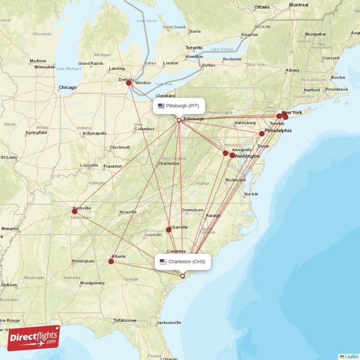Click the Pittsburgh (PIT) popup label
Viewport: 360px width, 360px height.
(179, 106)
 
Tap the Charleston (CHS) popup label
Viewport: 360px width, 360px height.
(183, 261)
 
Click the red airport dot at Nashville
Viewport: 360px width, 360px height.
(74, 211)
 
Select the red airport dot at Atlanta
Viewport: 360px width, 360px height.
(111, 261)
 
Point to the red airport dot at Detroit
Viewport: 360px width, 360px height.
(129, 83)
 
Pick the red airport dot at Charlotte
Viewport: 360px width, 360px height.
(169, 229)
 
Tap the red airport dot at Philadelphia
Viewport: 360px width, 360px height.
(262, 134)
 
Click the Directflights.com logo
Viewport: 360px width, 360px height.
(34, 337)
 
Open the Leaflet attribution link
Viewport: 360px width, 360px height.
(351, 356)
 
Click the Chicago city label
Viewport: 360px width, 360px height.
(67, 87)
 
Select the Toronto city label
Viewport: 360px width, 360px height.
(194, 48)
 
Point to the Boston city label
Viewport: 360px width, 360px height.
(338, 77)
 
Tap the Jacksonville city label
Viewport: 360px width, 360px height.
(169, 322)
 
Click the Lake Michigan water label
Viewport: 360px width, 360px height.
(69, 68)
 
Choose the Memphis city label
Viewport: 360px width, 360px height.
(10, 229)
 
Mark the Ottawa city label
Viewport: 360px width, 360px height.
(261, 7)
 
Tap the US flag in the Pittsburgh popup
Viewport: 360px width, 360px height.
(161, 106)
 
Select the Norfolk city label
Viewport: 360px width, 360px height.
(251, 194)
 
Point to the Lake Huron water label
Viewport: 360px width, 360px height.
(147, 21)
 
